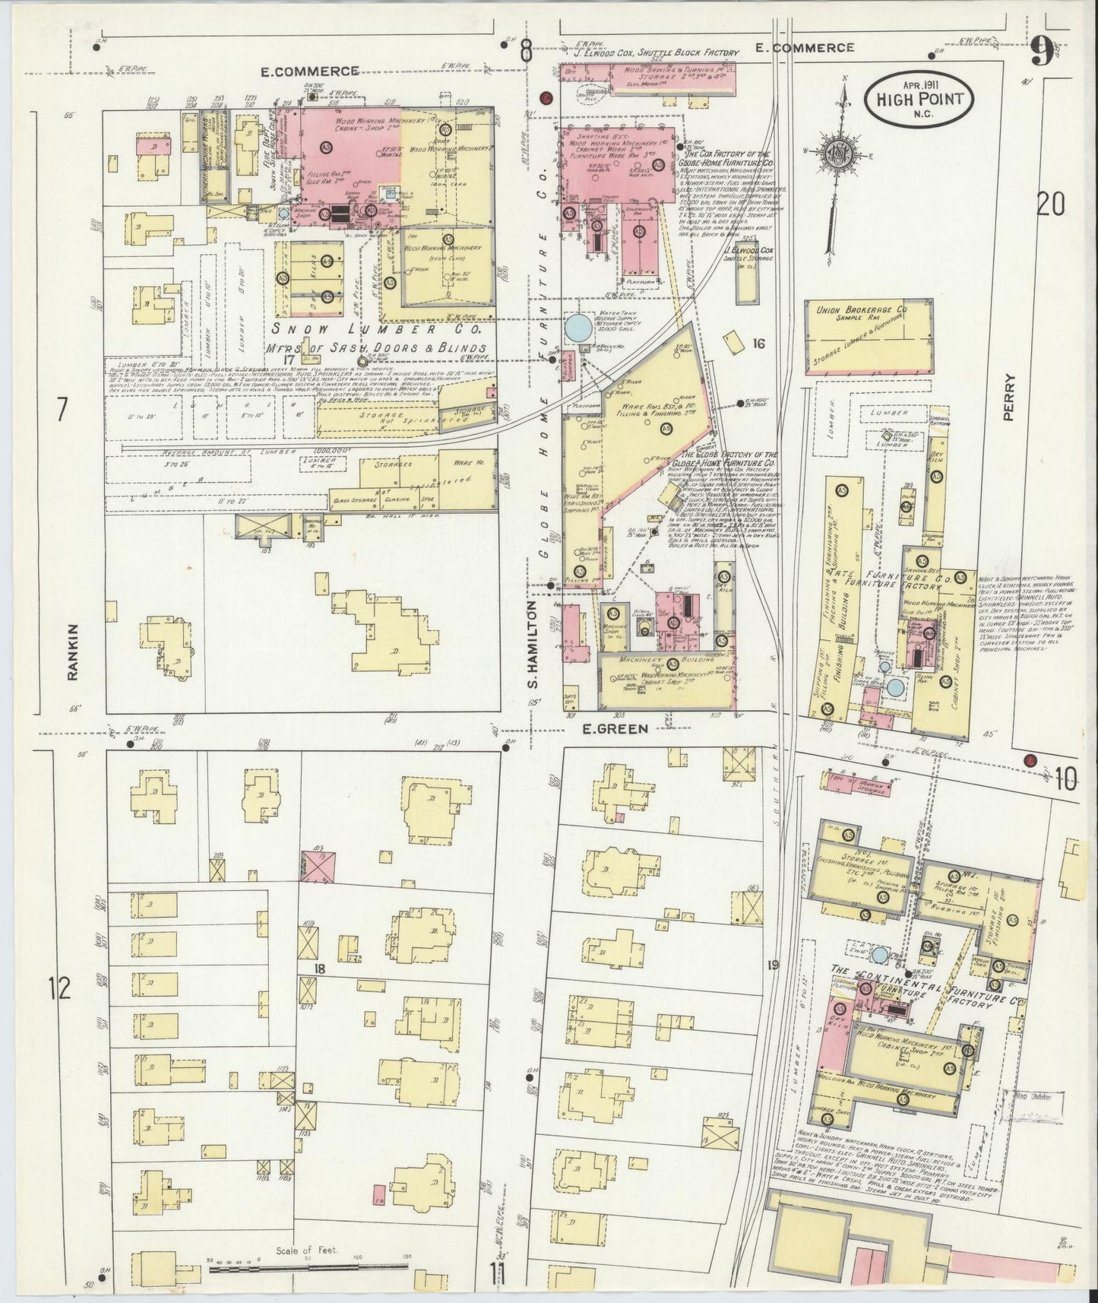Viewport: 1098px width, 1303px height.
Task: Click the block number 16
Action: (758, 344)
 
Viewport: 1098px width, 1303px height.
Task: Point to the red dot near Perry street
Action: (1030, 759)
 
